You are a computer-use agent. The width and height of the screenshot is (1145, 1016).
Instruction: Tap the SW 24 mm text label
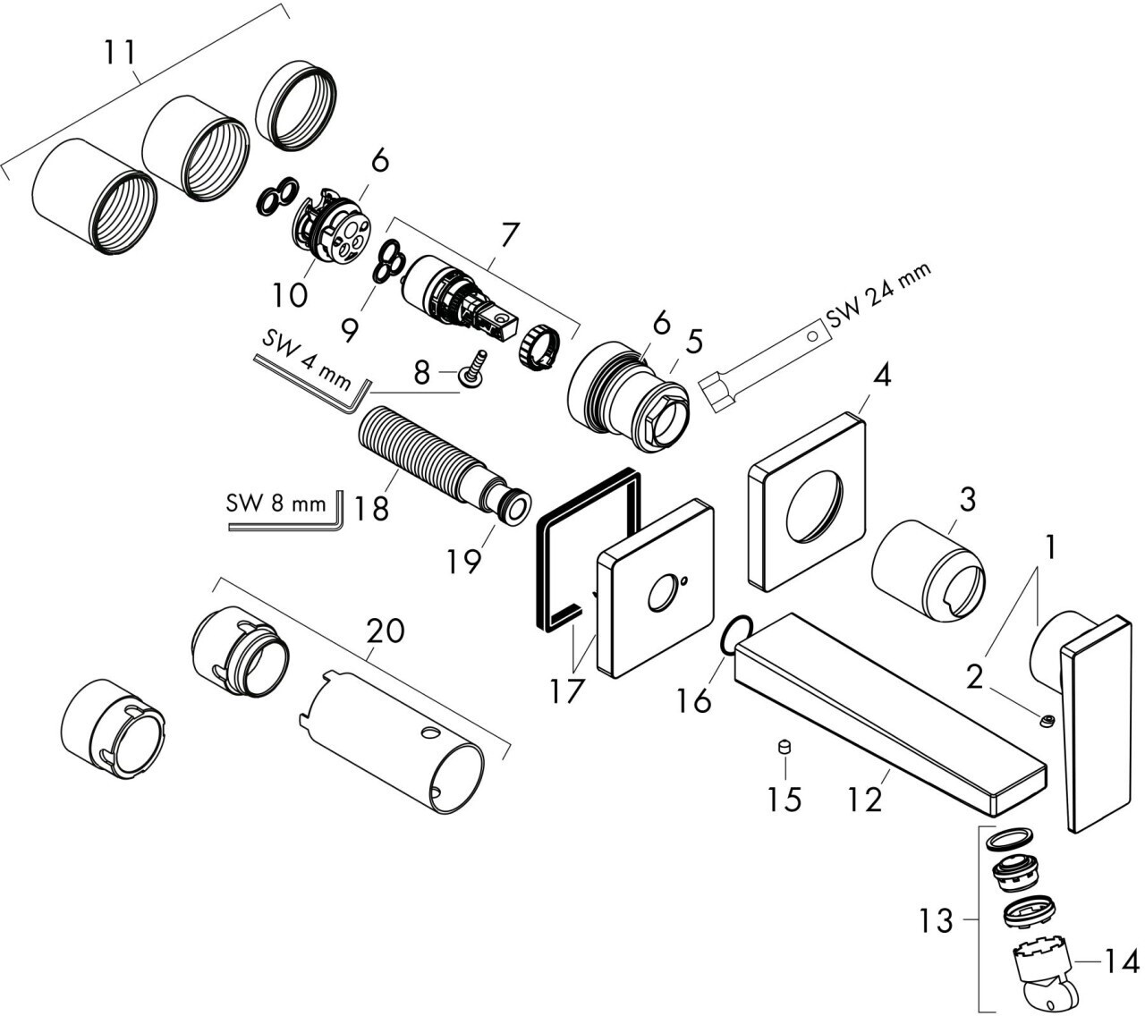[878, 295]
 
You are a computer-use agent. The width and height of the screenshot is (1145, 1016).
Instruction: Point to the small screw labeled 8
[471, 368]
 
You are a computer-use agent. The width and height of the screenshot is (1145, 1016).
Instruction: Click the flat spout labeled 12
[886, 711]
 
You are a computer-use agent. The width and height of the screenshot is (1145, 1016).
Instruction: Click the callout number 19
[465, 561]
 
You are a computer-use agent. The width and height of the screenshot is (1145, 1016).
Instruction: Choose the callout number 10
[291, 292]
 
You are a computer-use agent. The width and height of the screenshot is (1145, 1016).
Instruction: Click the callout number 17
[565, 690]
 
